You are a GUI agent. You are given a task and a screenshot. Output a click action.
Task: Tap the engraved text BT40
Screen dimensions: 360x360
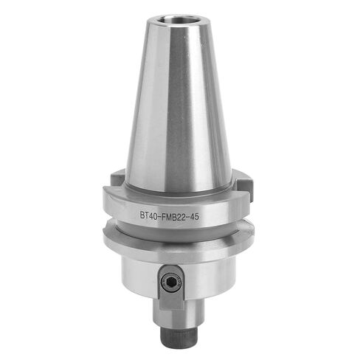[x=150, y=217]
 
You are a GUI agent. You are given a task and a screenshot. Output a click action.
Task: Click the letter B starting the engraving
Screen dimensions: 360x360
[x=142, y=217]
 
